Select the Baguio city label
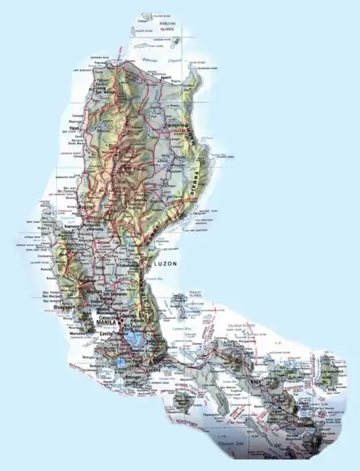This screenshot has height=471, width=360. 88,209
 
